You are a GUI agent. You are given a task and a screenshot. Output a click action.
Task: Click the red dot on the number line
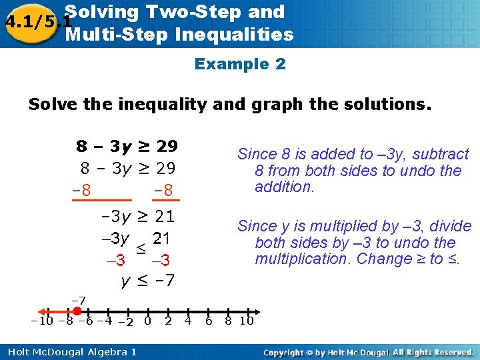[x=77, y=311]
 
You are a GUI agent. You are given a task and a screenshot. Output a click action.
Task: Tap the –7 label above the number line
[x=77, y=301]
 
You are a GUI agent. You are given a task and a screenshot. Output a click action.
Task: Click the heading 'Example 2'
[x=240, y=64]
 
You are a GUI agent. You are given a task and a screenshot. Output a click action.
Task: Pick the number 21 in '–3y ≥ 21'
[x=164, y=216]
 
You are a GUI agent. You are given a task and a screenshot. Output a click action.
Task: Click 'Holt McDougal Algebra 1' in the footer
[x=69, y=351]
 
